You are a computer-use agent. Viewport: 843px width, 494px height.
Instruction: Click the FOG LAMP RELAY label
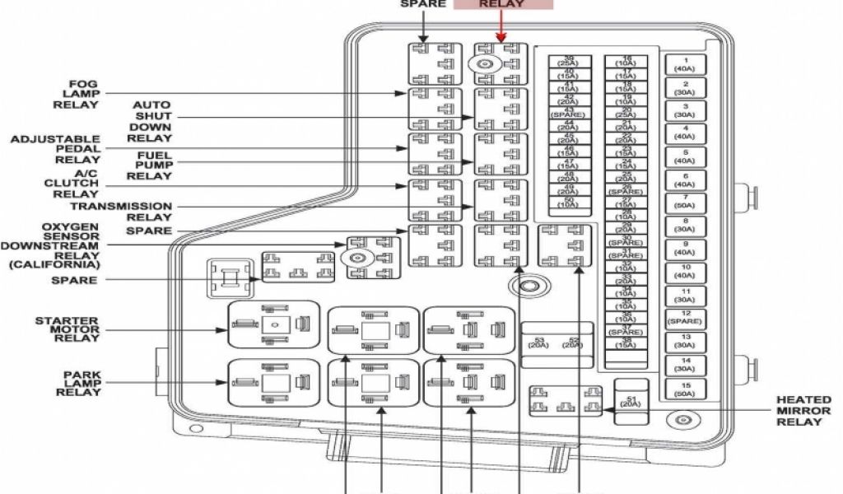pyautogui.click(x=84, y=93)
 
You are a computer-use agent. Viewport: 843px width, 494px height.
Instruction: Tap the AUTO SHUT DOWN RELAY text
pyautogui.click(x=151, y=122)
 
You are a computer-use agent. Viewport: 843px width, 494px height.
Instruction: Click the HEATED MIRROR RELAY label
pyautogui.click(x=799, y=411)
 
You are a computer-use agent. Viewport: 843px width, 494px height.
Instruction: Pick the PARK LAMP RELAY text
pyautogui.click(x=82, y=383)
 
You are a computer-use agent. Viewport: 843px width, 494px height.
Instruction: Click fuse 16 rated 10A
pyautogui.click(x=626, y=61)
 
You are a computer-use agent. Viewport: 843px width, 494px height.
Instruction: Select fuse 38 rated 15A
pyautogui.click(x=626, y=343)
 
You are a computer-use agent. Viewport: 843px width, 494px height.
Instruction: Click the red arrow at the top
pyautogui.click(x=501, y=31)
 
